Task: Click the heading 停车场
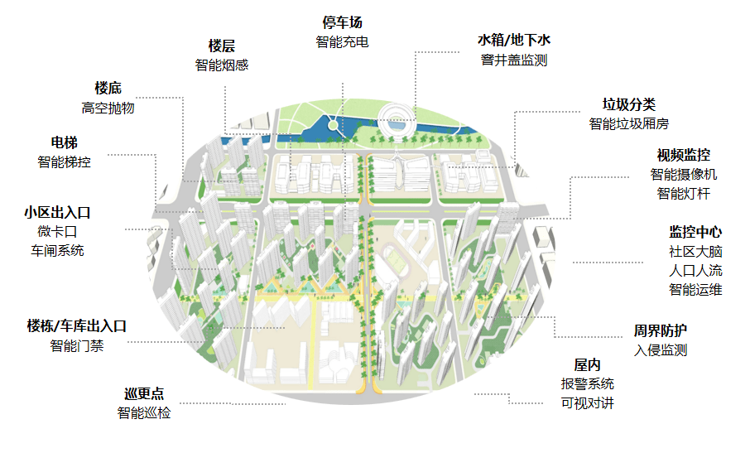pyautogui.click(x=342, y=22)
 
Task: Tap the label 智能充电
pyautogui.click(x=342, y=41)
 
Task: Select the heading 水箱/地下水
pyautogui.click(x=513, y=40)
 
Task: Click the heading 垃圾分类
pyautogui.click(x=628, y=104)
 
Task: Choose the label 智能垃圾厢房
pyautogui.click(x=628, y=123)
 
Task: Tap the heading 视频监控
pyautogui.click(x=683, y=155)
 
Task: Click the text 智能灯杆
pyautogui.click(x=683, y=194)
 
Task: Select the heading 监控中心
pyautogui.click(x=695, y=232)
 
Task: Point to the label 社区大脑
pyautogui.click(x=695, y=251)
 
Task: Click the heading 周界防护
pyautogui.click(x=661, y=330)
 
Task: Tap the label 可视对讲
pyautogui.click(x=587, y=403)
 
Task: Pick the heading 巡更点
pyautogui.click(x=144, y=393)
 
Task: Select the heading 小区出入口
pyautogui.click(x=57, y=212)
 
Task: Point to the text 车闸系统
pyautogui.click(x=57, y=250)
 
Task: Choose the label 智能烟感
pyautogui.click(x=222, y=65)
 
